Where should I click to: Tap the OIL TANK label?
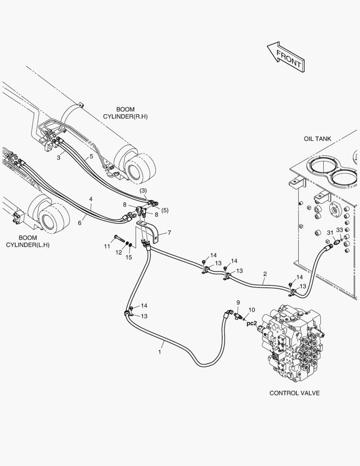[317, 139]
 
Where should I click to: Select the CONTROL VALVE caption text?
[294, 393]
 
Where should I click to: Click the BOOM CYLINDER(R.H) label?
[125, 113]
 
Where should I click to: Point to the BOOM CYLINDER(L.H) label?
[28, 241]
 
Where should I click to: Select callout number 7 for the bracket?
[169, 233]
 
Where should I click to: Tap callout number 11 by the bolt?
[107, 246]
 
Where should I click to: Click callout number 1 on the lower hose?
[160, 352]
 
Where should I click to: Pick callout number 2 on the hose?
[265, 274]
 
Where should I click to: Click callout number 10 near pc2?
[252, 309]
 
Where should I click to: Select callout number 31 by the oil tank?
[329, 233]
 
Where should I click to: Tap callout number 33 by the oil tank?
[340, 230]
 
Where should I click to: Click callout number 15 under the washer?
[128, 258]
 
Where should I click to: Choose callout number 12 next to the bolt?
[119, 252]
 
